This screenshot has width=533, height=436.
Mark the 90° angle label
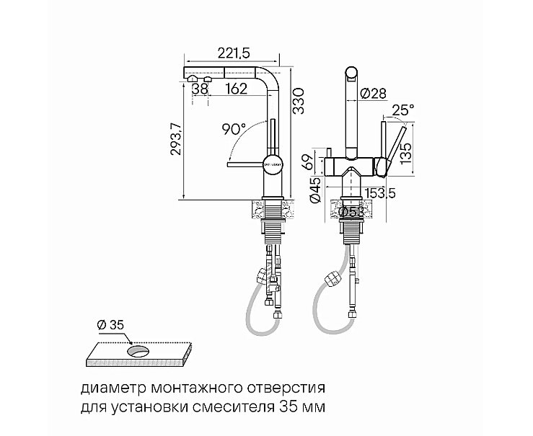point(234,129)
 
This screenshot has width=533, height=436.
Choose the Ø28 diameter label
point(373,93)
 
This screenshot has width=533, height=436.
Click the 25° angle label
point(402,110)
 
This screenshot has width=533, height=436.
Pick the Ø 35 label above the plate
point(110,325)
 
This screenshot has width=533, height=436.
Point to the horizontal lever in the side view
point(246,165)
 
